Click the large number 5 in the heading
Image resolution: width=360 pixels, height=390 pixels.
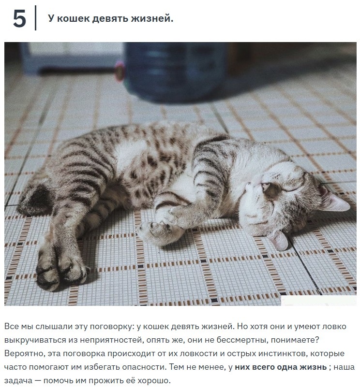pyautogui.click(x=20, y=19)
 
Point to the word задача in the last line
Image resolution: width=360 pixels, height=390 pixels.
pyautogui.click(x=18, y=381)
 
